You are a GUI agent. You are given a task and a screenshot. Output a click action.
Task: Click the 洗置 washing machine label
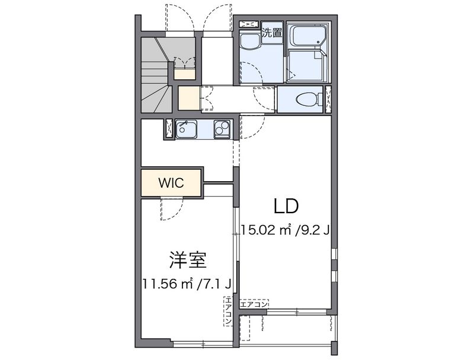[272, 33]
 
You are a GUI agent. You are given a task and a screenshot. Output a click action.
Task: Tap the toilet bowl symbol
[305, 99]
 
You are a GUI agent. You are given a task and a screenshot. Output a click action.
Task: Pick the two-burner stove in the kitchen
[222, 128]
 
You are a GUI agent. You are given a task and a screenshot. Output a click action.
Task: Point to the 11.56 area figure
[159, 284]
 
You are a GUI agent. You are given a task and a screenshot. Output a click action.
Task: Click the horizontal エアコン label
[254, 304]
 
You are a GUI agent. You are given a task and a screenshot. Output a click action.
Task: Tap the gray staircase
[156, 74]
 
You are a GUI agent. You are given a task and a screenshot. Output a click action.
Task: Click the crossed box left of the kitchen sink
[169, 129]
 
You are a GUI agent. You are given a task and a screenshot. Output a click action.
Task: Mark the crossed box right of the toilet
[328, 99]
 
